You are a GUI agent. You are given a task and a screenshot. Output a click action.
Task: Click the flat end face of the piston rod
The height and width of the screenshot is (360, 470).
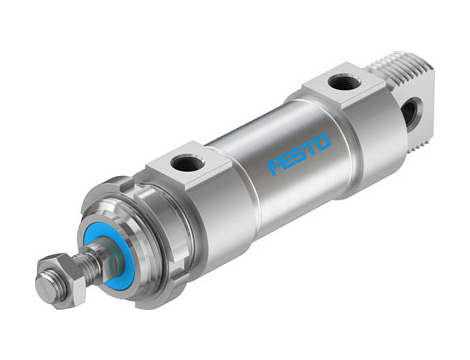point(43,287)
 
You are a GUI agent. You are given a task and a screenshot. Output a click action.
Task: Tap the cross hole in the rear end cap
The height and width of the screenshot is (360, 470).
point(410,113)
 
